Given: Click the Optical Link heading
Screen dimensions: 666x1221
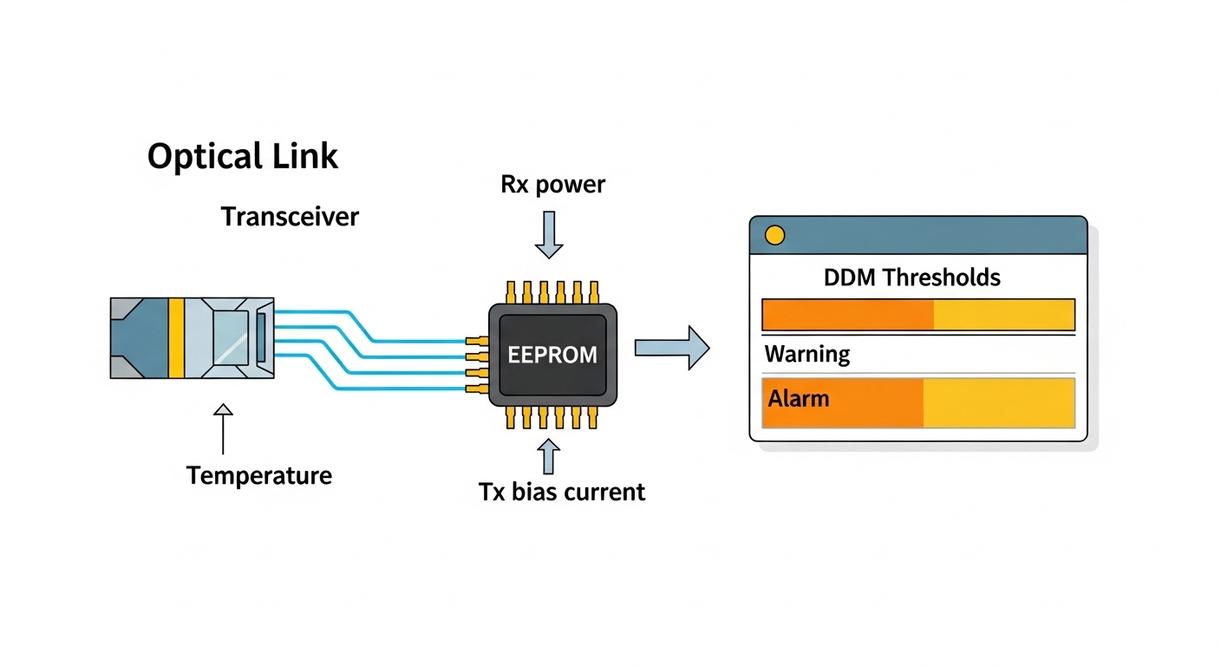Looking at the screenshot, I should (x=242, y=157).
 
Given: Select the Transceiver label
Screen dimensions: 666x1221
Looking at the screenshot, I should (x=290, y=216).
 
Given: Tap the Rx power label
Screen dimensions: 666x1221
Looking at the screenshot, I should (x=552, y=185).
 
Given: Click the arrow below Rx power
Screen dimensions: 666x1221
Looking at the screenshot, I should (x=548, y=235).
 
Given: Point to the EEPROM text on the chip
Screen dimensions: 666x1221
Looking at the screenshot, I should (x=552, y=355).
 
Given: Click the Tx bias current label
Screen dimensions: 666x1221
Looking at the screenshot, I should (x=562, y=493).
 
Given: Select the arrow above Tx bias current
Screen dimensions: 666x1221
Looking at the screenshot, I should (x=548, y=456).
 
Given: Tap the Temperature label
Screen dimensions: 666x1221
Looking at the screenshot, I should (x=259, y=475).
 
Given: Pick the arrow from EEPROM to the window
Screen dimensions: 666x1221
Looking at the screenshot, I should (x=672, y=347).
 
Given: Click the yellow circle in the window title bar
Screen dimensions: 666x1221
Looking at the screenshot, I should (x=774, y=235).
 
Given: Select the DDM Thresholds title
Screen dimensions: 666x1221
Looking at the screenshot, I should (x=911, y=277).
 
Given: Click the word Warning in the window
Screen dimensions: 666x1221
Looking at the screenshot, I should (x=807, y=355).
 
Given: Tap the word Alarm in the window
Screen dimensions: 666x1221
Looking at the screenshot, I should (x=798, y=399).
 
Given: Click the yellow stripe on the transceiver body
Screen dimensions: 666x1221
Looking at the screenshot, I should (x=176, y=338).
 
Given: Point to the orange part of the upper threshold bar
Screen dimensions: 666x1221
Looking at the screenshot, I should (x=847, y=315).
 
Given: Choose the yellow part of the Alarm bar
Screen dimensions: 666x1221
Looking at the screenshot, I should (x=998, y=403).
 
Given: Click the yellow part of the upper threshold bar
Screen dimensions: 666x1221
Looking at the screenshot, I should (x=1003, y=315).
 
